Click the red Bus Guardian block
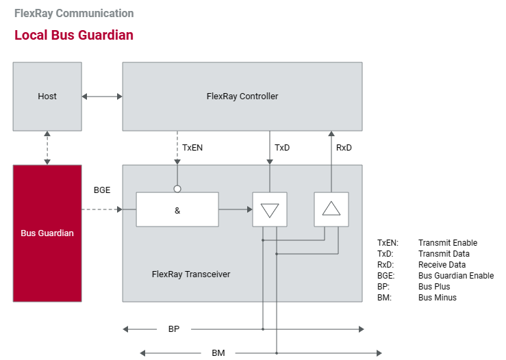pyautogui.click(x=47, y=233)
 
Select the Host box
pyautogui.click(x=47, y=96)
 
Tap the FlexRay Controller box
pyautogui.click(x=242, y=96)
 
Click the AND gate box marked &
pyautogui.click(x=177, y=209)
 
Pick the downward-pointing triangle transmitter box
pyautogui.click(x=270, y=209)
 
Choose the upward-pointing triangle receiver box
pyautogui.click(x=331, y=209)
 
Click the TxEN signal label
pyautogui.click(x=192, y=148)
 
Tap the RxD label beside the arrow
pyautogui.click(x=344, y=148)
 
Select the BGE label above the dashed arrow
pyautogui.click(x=102, y=190)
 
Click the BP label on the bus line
pyautogui.click(x=174, y=329)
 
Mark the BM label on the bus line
pyautogui.click(x=218, y=353)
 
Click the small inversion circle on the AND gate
pyautogui.click(x=177, y=189)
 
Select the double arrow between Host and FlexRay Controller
pyautogui.click(x=101, y=97)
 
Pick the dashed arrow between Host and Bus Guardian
pyautogui.click(x=47, y=147)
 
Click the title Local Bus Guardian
pyautogui.click(x=73, y=35)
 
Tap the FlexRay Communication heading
pyautogui.click(x=74, y=13)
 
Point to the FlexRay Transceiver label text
pyautogui.click(x=191, y=274)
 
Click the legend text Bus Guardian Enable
pyautogui.click(x=455, y=276)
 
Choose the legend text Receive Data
pyautogui.click(x=442, y=265)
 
